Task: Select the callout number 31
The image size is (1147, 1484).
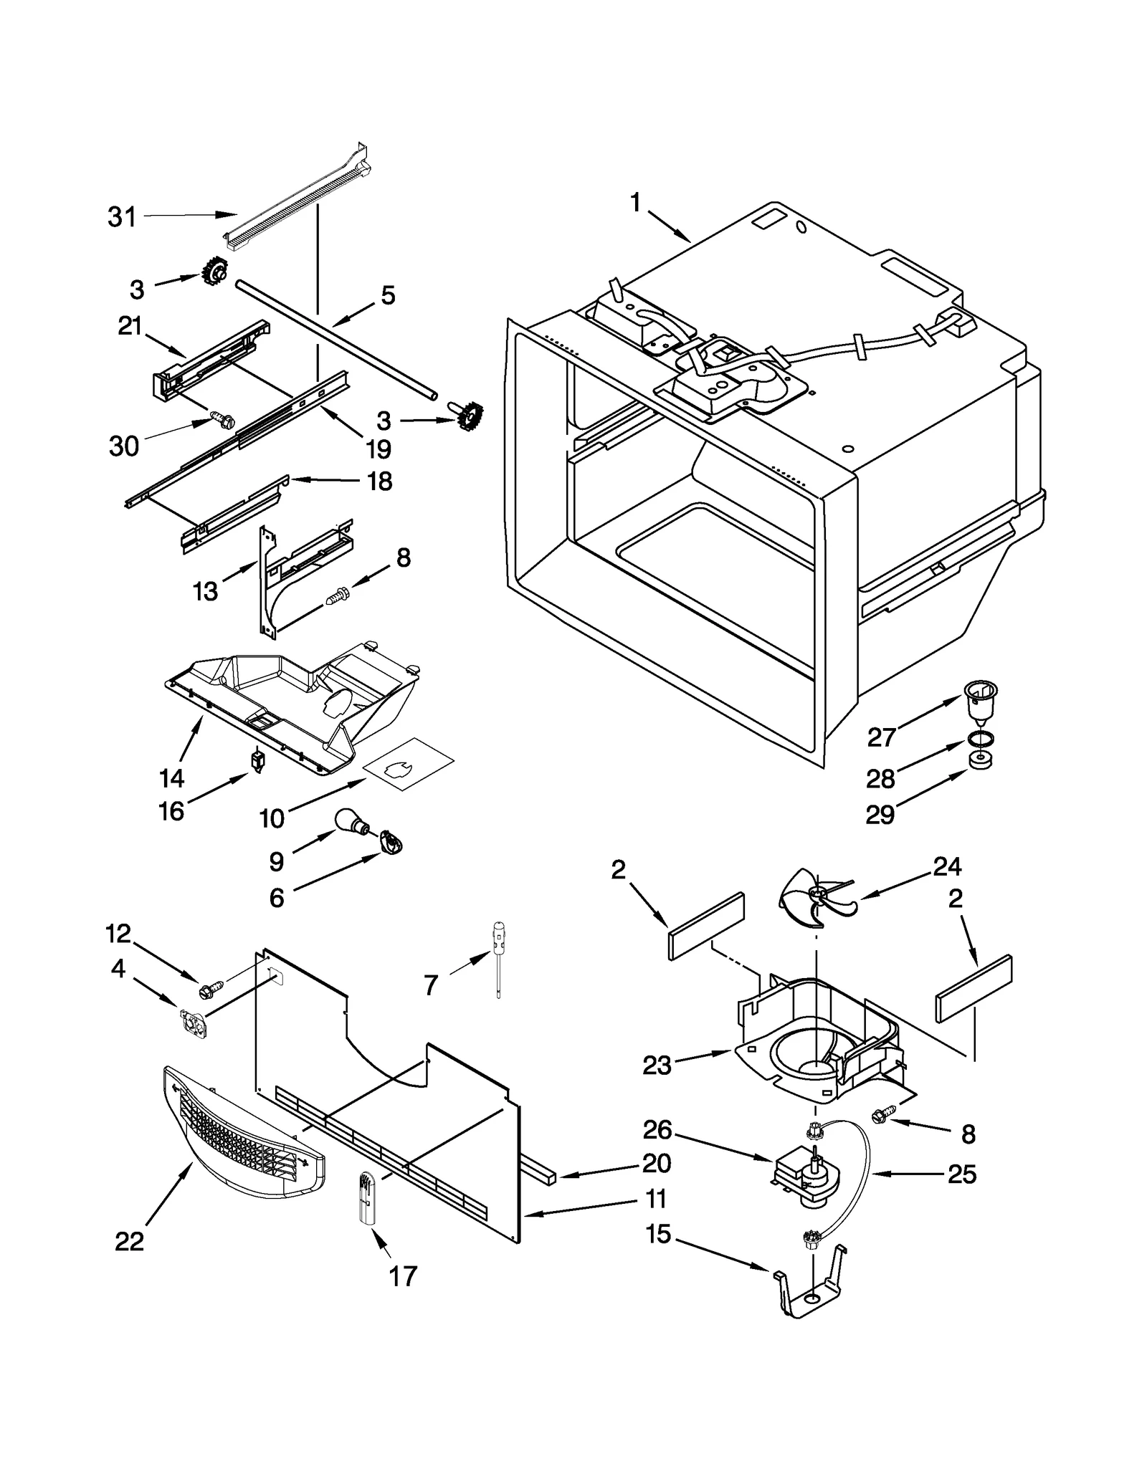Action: click(x=122, y=217)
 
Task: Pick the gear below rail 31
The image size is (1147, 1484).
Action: click(x=213, y=272)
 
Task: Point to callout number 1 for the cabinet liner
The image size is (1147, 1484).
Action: click(x=635, y=204)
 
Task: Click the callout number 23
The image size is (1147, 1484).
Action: click(x=657, y=1066)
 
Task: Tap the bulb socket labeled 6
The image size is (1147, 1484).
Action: click(x=391, y=842)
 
